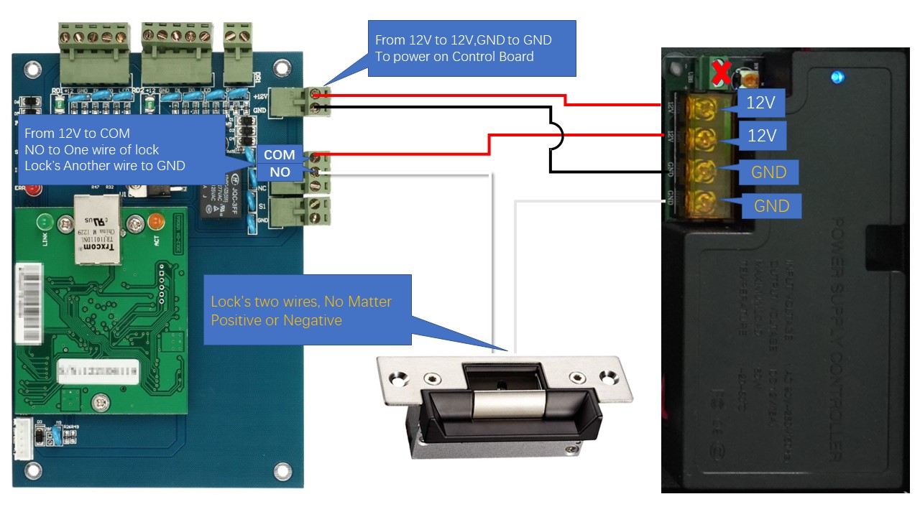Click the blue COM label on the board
279,154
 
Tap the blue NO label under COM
280,172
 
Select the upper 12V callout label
760,103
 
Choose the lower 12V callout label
761,135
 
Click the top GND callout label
769,172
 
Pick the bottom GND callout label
771,206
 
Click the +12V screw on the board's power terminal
315,93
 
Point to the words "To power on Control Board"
454,56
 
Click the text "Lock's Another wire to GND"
105,165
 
